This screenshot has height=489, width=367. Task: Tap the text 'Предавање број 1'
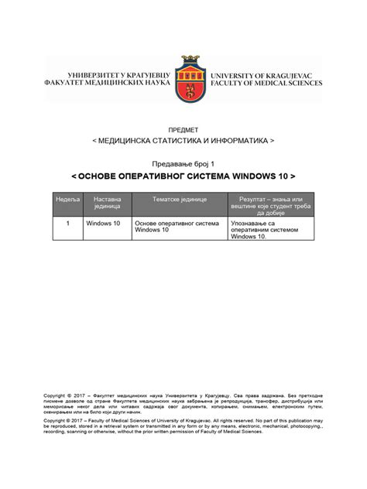(x=183, y=164)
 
